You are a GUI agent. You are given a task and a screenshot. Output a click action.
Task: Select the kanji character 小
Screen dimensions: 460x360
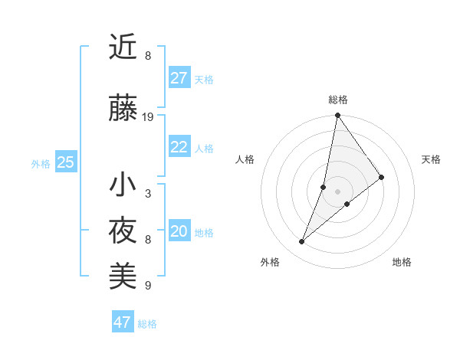coord(123,185)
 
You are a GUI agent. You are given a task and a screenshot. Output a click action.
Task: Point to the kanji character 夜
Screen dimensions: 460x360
coord(123,231)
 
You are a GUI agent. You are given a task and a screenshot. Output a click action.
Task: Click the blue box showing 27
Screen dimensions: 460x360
coord(179,78)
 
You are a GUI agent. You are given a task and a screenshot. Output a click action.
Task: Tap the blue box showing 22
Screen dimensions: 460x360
coord(179,147)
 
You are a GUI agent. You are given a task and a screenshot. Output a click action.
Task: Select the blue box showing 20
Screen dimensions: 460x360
coord(179,231)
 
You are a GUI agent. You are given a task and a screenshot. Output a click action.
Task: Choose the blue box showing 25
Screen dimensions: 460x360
coord(66,162)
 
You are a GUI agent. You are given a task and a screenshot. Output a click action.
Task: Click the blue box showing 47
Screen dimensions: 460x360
coord(123,322)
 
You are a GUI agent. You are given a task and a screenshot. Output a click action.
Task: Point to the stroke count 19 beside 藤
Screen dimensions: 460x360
coord(148,117)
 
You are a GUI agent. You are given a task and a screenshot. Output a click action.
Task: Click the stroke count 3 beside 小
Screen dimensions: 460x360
coord(148,194)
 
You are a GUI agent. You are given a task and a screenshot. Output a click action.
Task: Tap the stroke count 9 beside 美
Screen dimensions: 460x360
coord(148,286)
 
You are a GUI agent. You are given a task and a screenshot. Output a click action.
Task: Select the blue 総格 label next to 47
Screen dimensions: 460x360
coord(147,324)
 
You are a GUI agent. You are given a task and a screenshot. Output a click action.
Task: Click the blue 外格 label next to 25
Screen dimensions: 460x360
coord(41,163)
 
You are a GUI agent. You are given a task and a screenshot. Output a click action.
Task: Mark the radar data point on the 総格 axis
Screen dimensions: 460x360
coord(337,116)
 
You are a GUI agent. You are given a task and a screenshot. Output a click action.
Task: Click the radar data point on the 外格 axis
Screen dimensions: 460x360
coord(301,242)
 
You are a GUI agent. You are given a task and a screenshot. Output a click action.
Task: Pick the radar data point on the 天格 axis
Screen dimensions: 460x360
coord(381,178)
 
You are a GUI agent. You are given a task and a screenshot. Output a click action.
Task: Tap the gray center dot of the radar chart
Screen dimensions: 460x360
coord(337,191)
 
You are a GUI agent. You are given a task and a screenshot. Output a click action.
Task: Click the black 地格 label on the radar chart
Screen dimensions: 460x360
coord(402,263)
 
